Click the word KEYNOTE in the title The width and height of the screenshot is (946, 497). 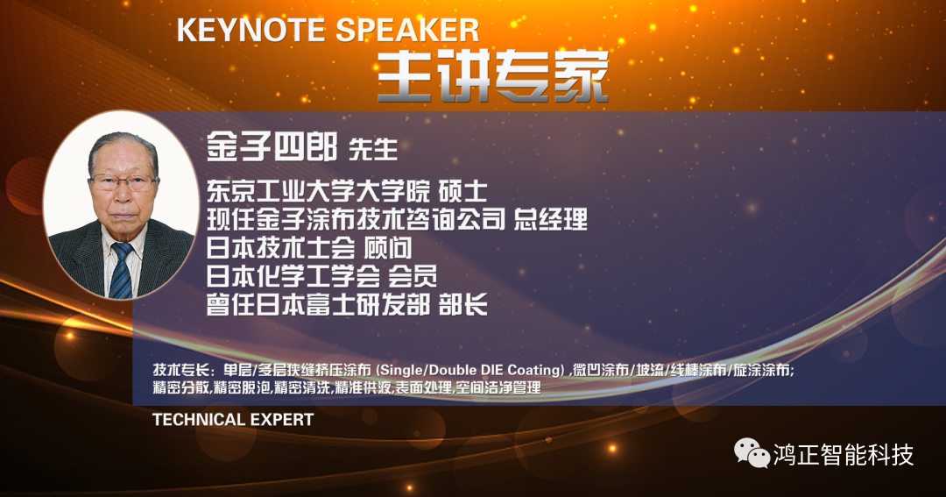tap(251, 30)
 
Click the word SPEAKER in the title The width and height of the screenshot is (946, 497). tap(407, 30)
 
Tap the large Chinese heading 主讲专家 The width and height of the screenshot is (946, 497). tap(493, 77)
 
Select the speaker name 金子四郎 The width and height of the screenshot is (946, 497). tap(272, 146)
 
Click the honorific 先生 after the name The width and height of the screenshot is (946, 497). tap(373, 149)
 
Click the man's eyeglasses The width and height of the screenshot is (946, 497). tap(124, 181)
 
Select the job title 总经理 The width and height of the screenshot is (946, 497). tap(550, 219)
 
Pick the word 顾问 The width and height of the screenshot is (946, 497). tap(387, 248)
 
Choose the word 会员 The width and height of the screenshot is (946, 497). tap(412, 277)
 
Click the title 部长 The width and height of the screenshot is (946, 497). tap(462, 305)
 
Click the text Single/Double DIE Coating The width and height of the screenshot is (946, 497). tap(472, 370)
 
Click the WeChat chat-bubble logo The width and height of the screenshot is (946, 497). tap(752, 453)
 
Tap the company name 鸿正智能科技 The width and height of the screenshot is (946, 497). tap(844, 455)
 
